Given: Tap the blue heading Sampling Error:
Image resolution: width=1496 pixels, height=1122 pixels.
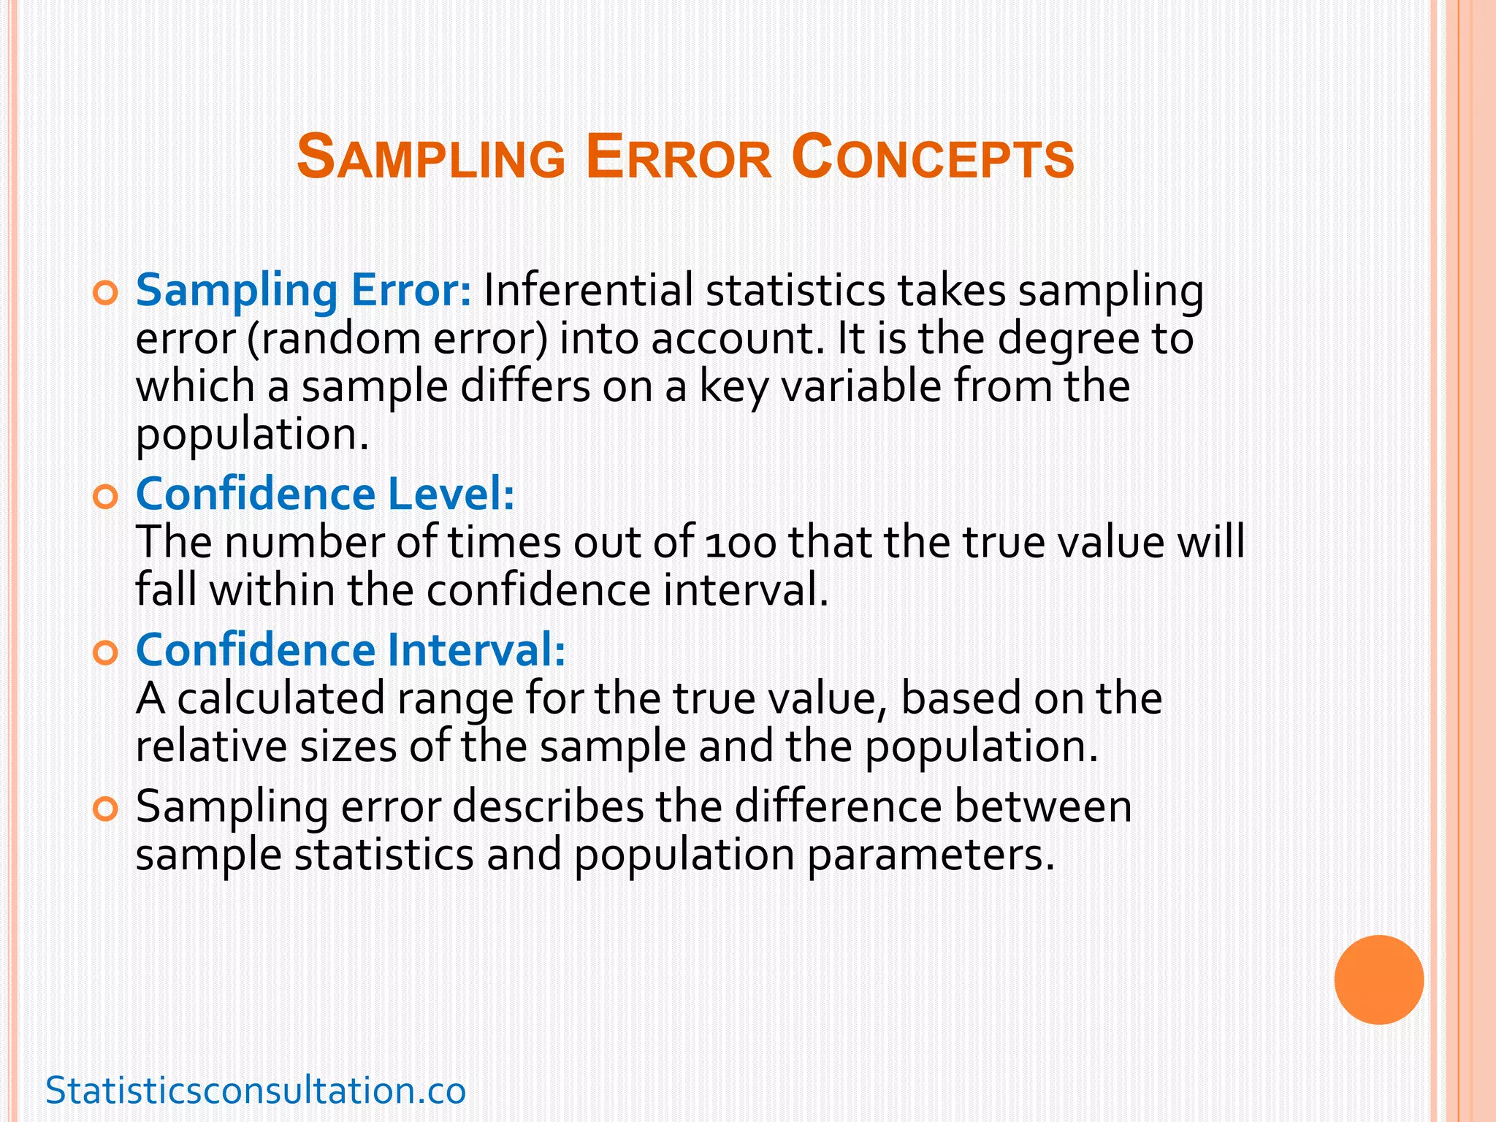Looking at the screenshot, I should pyautogui.click(x=304, y=291).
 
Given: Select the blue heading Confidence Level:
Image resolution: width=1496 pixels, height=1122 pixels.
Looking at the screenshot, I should pyautogui.click(x=325, y=494).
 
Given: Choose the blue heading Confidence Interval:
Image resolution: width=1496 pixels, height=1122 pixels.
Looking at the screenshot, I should pyautogui.click(x=351, y=650).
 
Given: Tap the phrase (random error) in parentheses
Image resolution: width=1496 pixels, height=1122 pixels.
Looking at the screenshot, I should pyautogui.click(x=397, y=339).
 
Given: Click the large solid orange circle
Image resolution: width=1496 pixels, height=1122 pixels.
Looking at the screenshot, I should pyautogui.click(x=1378, y=980).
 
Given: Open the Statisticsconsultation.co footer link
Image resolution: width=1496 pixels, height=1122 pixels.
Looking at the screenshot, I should pyautogui.click(x=256, y=1091).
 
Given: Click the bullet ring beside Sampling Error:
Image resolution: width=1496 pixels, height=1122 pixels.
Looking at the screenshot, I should pyautogui.click(x=106, y=294).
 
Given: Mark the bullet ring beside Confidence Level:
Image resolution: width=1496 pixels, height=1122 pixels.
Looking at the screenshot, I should pyautogui.click(x=106, y=498).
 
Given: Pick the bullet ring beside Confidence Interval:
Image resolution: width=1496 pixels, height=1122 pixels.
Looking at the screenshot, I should pyautogui.click(x=106, y=654).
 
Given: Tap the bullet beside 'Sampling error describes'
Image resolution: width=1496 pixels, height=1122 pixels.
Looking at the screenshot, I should pyautogui.click(x=106, y=810).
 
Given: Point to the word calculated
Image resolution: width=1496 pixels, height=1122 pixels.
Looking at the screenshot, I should pyautogui.click(x=280, y=698).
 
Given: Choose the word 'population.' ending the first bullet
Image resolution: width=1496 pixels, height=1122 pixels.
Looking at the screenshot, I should pyautogui.click(x=252, y=435).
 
